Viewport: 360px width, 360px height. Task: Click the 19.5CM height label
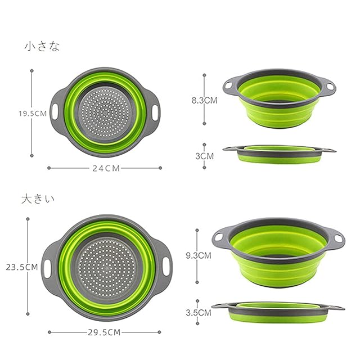pyautogui.click(x=33, y=114)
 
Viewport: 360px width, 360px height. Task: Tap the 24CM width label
pyautogui.click(x=106, y=168)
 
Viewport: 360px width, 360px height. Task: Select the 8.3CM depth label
pyautogui.click(x=205, y=100)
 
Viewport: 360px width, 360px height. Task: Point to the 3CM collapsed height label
pyautogui.click(x=205, y=156)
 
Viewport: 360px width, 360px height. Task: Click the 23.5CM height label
pyautogui.click(x=22, y=267)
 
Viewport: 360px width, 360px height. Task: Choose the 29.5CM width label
pyautogui.click(x=104, y=332)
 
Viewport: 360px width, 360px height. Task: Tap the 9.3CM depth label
pyautogui.click(x=199, y=255)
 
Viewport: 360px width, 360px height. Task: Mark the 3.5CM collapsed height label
pyautogui.click(x=199, y=313)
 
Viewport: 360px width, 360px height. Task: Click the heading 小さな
pyautogui.click(x=42, y=46)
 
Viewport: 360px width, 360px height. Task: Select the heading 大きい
pyautogui.click(x=38, y=199)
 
